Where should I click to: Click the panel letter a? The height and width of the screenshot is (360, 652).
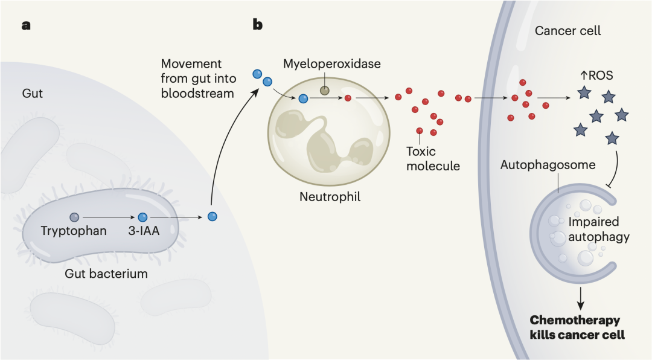click(x=26, y=25)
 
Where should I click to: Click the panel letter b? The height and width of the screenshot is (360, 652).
click(x=257, y=25)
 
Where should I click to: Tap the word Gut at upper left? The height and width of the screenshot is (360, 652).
click(x=33, y=95)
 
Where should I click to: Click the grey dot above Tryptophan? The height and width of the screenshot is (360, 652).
click(x=74, y=216)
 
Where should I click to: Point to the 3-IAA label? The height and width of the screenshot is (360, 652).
click(x=142, y=231)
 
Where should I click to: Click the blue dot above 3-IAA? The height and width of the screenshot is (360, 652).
click(x=142, y=216)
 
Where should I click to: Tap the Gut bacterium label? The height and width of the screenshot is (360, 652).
click(x=107, y=274)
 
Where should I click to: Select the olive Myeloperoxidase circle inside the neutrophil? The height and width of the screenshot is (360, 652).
click(x=325, y=91)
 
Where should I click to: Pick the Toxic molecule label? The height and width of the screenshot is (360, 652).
click(x=433, y=158)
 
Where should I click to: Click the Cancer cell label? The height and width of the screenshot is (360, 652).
click(x=567, y=31)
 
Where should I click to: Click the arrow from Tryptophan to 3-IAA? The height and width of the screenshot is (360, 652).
click(x=108, y=216)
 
